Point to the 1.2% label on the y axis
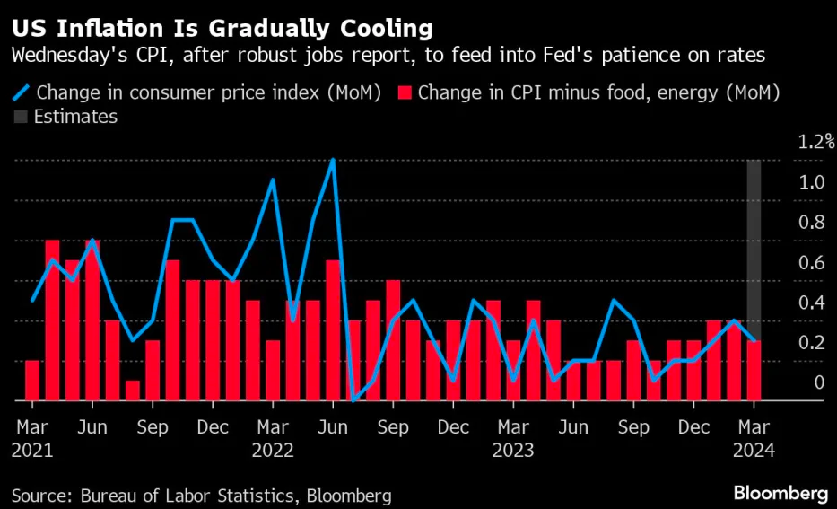point(816,141)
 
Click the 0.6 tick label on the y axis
point(812,262)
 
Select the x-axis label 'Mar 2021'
point(32,437)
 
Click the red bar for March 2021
point(32,380)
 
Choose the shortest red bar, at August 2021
point(133,391)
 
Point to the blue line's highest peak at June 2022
point(333,161)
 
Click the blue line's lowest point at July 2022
point(353,399)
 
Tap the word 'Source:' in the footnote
point(41,494)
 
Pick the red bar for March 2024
point(754,370)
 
